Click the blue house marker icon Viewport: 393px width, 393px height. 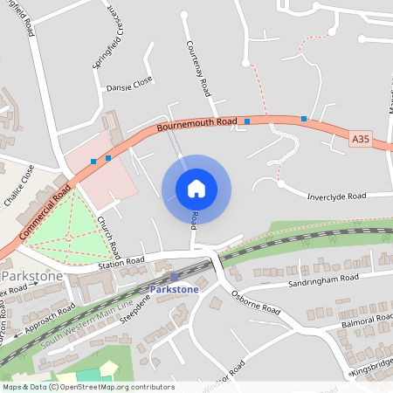pyautogui.click(x=196, y=189)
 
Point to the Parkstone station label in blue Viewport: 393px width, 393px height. pyautogui.click(x=175, y=288)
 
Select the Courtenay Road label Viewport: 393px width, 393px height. pyautogui.click(x=197, y=66)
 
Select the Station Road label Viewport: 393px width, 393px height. pyautogui.click(x=121, y=260)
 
